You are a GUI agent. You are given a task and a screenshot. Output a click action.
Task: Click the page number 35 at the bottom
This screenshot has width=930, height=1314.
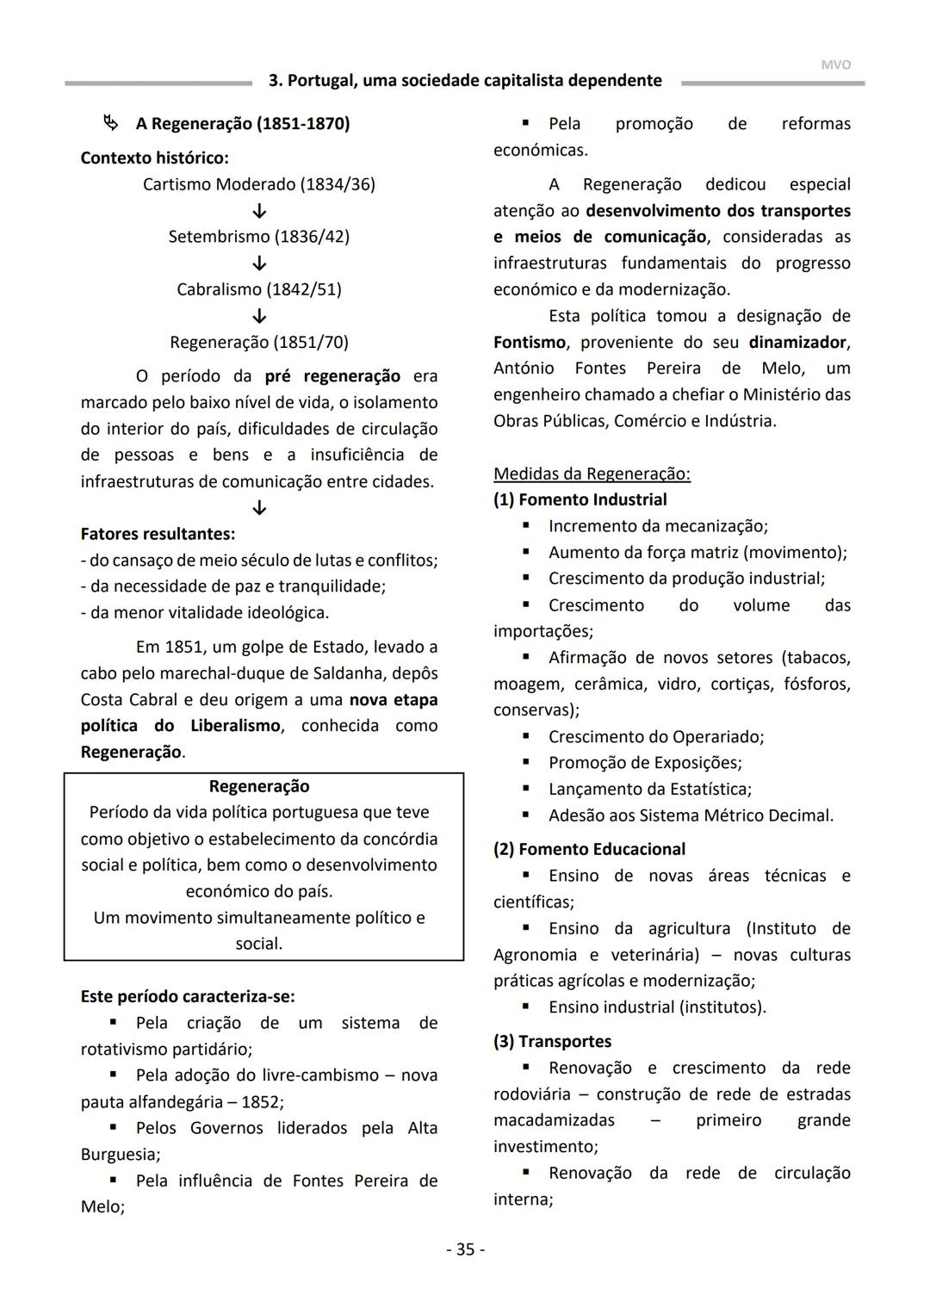(x=465, y=1249)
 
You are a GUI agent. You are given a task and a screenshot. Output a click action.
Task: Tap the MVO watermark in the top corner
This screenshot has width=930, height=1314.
(x=835, y=65)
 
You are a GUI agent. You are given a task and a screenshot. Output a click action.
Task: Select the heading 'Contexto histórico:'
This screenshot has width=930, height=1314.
(x=155, y=158)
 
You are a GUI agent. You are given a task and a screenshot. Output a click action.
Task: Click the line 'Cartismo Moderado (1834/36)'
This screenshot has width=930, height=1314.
(x=259, y=184)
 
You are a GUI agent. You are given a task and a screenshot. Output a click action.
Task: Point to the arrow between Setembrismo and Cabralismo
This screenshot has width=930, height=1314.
(x=259, y=263)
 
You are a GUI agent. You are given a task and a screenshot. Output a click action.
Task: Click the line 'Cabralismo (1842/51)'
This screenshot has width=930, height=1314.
(x=259, y=289)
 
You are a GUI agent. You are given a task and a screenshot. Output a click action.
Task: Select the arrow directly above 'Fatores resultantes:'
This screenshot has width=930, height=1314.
(x=259, y=508)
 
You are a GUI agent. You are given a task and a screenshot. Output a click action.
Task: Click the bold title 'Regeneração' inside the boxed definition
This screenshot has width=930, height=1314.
(x=259, y=786)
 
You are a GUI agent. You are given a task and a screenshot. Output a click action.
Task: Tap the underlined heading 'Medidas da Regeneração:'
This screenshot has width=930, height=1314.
(x=592, y=474)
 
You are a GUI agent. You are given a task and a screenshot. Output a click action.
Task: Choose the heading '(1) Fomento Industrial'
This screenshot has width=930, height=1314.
(x=580, y=500)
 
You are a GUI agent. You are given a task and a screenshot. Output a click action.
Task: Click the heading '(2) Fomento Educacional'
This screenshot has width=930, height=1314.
(x=589, y=850)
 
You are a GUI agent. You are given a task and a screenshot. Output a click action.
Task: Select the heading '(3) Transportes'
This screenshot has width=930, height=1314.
(x=552, y=1042)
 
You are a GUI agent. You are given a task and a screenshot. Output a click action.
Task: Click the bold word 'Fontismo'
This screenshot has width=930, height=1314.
(x=530, y=343)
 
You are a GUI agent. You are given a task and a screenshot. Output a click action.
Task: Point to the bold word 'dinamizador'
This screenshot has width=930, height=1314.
(x=797, y=343)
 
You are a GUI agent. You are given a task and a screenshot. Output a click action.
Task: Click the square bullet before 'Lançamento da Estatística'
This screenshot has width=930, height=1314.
(x=526, y=789)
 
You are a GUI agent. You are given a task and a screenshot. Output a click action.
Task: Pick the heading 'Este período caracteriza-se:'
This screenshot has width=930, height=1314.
(x=188, y=997)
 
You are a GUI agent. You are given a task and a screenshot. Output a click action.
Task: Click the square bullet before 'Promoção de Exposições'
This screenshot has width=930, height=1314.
(x=526, y=762)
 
